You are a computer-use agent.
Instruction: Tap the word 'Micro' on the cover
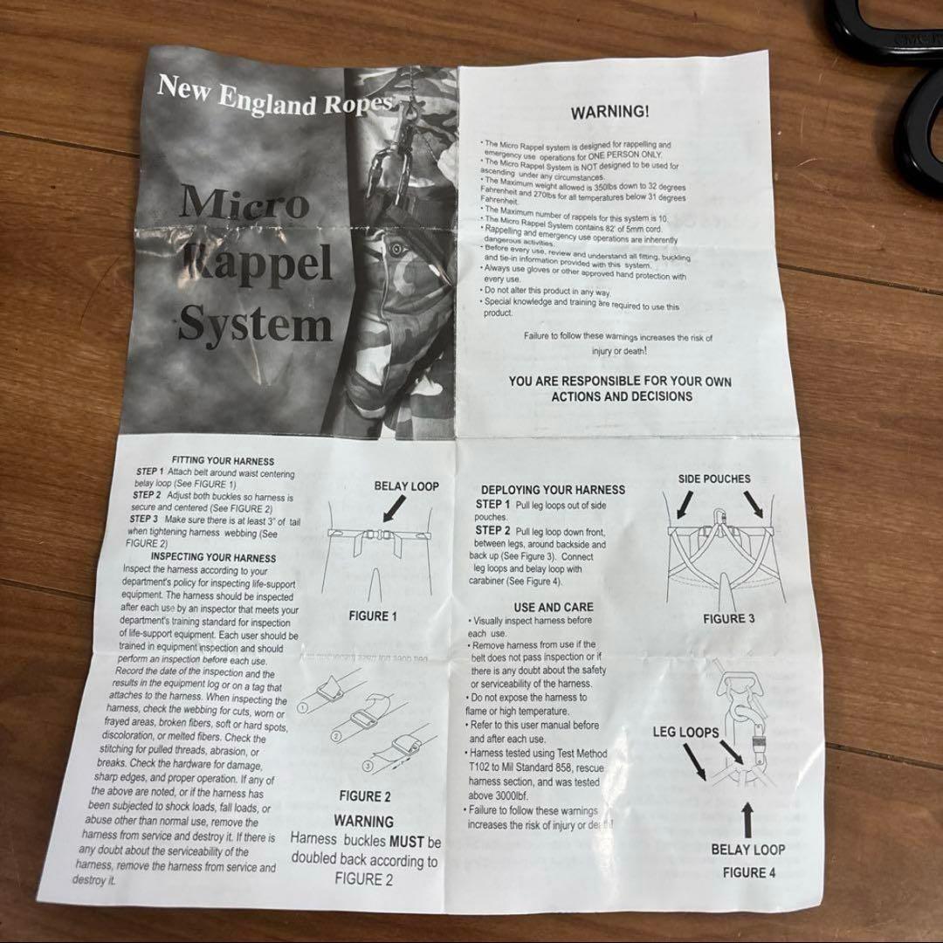[x=244, y=204]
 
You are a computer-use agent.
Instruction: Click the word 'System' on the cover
[x=255, y=325]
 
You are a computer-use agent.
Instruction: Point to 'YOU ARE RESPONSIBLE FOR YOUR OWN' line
[x=620, y=382]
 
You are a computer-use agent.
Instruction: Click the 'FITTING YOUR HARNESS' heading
[x=223, y=460]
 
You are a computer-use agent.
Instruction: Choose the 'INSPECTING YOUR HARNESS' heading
[x=213, y=557]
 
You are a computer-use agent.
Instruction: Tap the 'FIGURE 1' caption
[x=373, y=616]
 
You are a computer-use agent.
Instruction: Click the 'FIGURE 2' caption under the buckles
[x=364, y=795]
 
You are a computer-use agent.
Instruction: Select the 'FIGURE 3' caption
[x=729, y=619]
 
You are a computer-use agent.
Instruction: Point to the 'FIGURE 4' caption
[x=748, y=871]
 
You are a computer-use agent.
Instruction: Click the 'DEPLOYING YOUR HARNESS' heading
[x=553, y=490]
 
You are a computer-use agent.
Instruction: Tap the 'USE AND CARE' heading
[x=554, y=607]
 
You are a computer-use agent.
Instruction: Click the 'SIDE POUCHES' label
[x=713, y=479]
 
